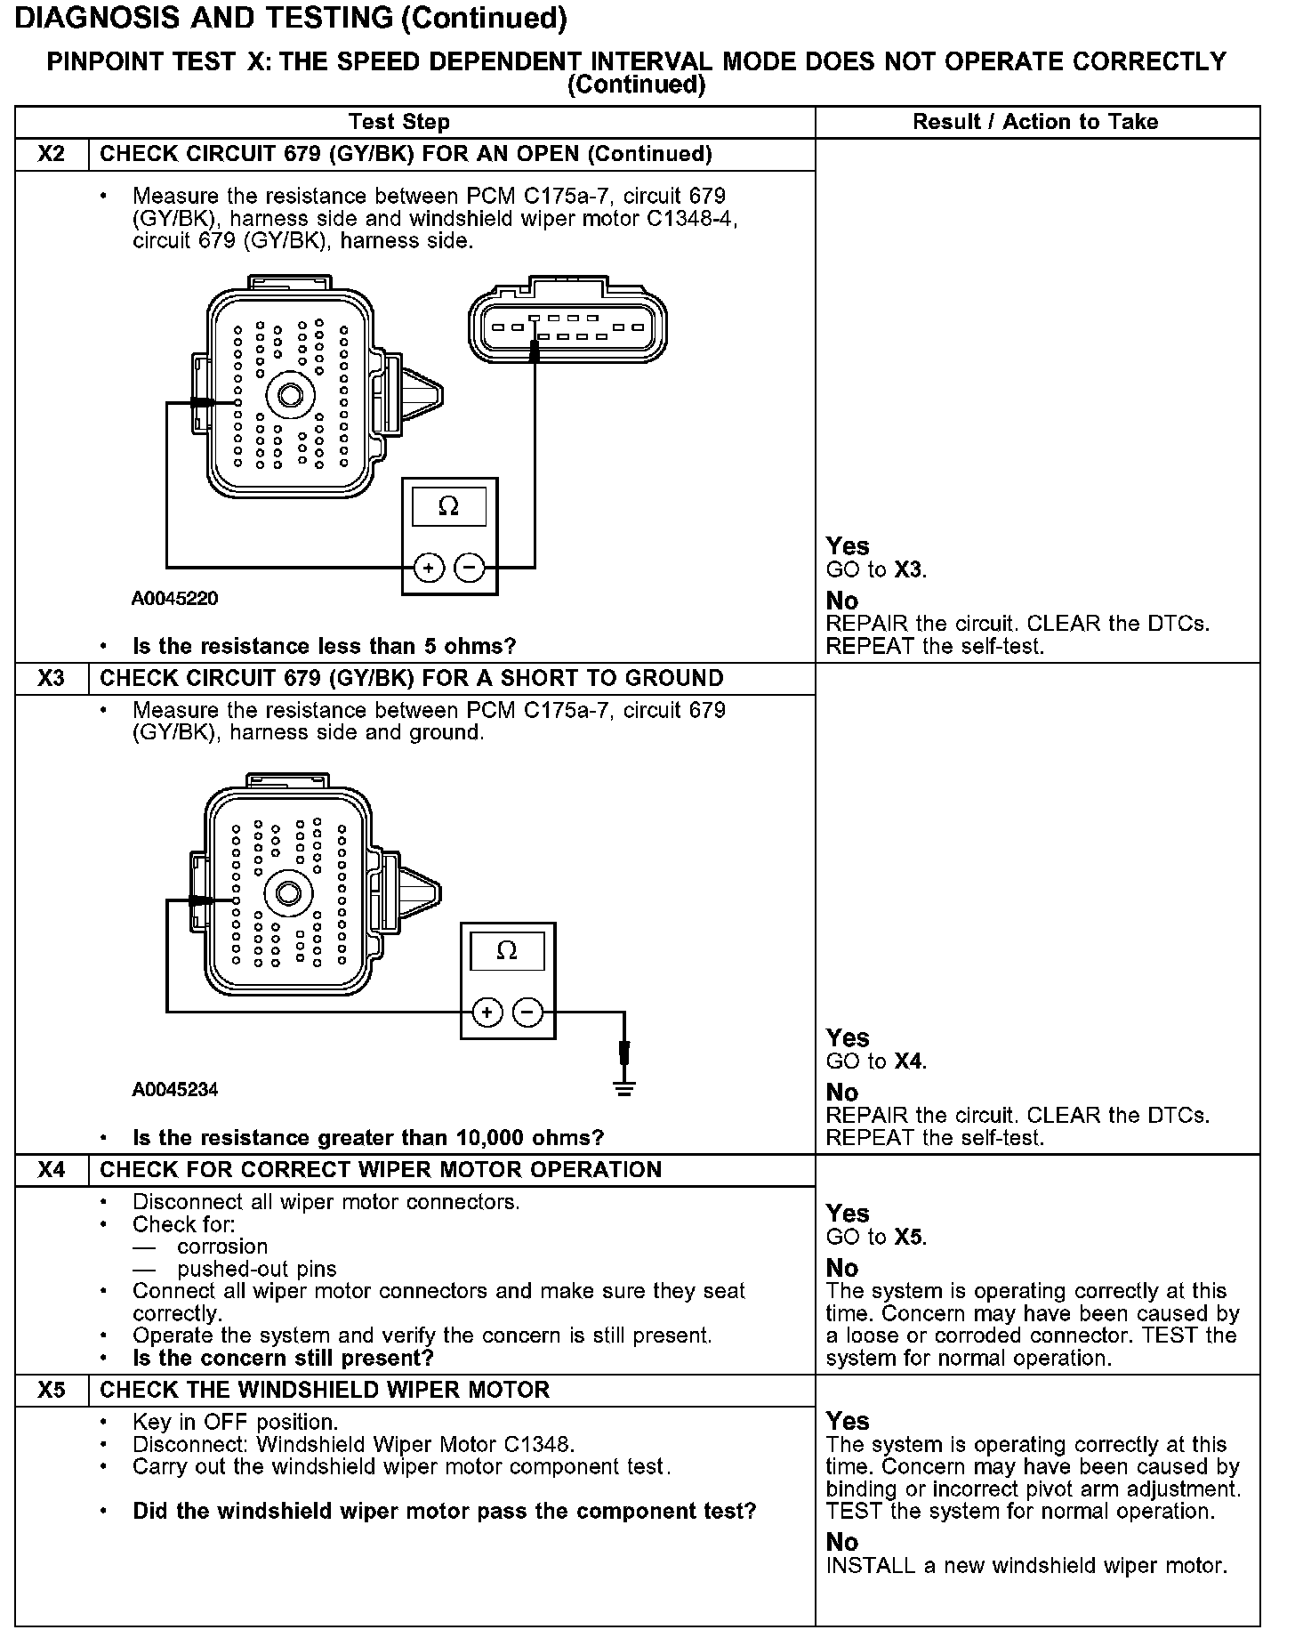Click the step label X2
52,154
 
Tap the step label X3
52,679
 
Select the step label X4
52,1170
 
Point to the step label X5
52,1390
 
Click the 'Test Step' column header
399,122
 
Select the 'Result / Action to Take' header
1035,122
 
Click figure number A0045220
174,599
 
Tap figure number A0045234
174,1090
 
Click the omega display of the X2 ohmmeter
449,507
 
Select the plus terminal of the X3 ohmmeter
487,1013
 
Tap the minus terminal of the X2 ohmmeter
470,567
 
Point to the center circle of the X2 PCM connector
290,394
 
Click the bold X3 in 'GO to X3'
909,570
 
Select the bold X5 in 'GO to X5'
909,1238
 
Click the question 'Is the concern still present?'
283,1359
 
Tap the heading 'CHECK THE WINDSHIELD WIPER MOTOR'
325,1390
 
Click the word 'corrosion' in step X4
222,1247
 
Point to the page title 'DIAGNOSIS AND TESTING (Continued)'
291,18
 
